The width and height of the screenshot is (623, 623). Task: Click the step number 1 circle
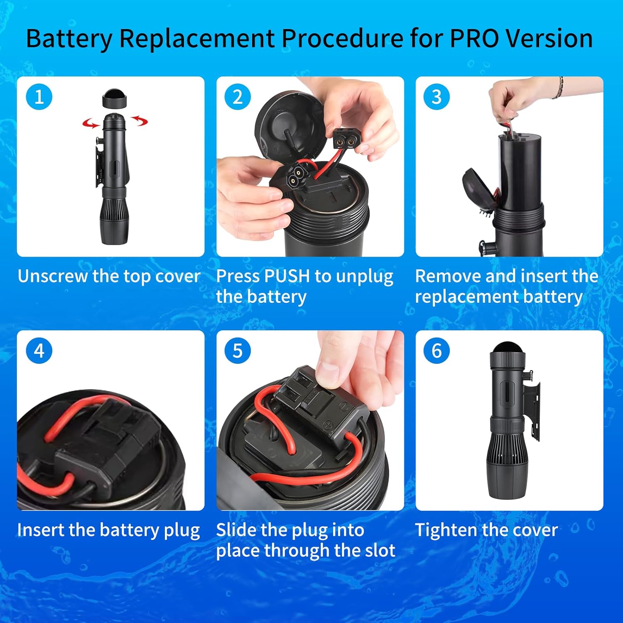tap(39, 97)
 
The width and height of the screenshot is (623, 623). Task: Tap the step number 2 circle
tap(238, 97)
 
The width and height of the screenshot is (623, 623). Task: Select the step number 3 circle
tap(437, 97)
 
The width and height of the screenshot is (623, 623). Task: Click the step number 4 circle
tap(39, 351)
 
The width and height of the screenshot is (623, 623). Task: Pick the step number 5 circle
tap(238, 351)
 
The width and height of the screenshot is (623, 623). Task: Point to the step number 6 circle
tap(437, 351)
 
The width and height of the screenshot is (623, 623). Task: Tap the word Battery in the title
tap(69, 39)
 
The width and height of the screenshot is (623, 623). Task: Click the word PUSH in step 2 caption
tap(287, 276)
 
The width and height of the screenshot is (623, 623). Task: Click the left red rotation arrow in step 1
tap(91, 123)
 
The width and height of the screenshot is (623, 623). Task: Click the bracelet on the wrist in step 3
tap(561, 87)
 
